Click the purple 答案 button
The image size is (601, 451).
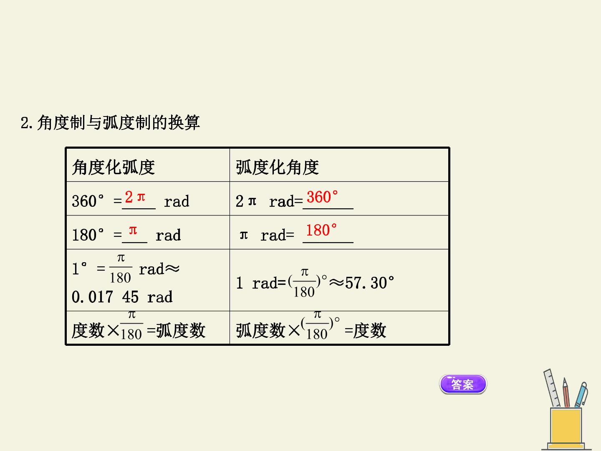(463, 384)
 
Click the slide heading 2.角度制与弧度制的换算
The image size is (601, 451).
(110, 122)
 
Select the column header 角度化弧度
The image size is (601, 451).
(114, 167)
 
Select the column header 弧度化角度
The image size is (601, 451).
(277, 167)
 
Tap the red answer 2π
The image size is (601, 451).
(135, 197)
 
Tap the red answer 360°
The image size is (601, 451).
(322, 197)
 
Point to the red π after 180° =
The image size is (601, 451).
(133, 230)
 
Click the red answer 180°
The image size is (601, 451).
(321, 230)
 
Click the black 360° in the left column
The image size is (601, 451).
(88, 201)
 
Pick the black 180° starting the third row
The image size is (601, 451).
(88, 235)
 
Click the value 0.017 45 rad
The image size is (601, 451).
(122, 297)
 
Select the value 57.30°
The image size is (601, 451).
(369, 283)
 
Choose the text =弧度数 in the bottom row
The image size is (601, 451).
(176, 330)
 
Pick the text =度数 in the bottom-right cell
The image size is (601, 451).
(365, 330)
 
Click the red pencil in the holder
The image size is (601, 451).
(566, 393)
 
